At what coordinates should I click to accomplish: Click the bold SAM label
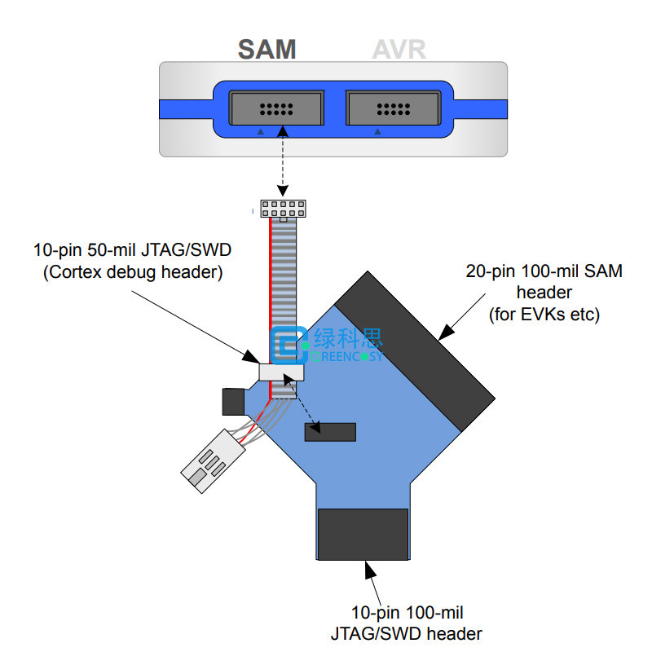click(x=267, y=50)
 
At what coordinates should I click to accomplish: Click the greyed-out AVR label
click(x=399, y=50)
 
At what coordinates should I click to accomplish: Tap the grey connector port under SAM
click(x=276, y=108)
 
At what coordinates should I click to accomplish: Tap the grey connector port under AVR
click(x=394, y=108)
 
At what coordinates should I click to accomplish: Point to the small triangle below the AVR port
click(x=377, y=131)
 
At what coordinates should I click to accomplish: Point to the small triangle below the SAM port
click(x=260, y=131)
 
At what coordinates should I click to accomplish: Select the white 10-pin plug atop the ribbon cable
click(x=283, y=209)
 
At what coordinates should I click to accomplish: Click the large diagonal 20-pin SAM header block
click(x=415, y=351)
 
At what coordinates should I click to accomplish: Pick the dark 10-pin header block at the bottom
click(x=363, y=535)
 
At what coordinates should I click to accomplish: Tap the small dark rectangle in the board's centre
click(x=330, y=432)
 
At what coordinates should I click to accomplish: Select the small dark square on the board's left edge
click(x=233, y=402)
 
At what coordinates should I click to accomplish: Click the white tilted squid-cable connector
click(x=213, y=461)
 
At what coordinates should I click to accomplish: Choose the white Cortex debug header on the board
click(x=281, y=372)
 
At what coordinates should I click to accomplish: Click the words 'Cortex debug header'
click(x=133, y=272)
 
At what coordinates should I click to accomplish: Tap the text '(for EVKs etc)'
click(x=544, y=315)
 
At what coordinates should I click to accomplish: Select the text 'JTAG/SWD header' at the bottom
click(x=406, y=634)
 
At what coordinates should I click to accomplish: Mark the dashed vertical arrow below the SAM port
click(x=283, y=161)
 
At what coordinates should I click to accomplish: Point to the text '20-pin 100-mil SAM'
click(x=544, y=271)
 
